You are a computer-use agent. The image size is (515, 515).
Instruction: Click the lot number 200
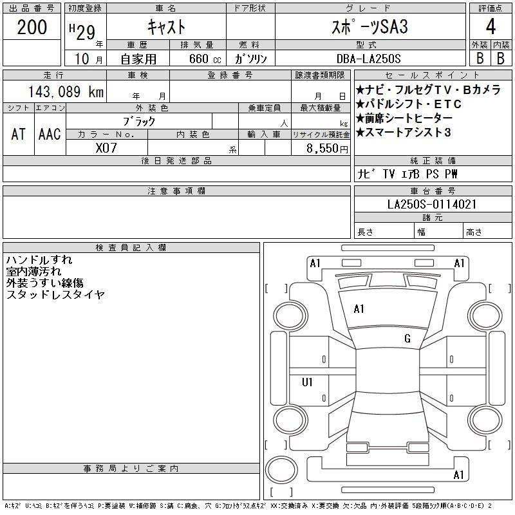click(32, 27)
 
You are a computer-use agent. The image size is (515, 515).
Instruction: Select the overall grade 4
click(491, 26)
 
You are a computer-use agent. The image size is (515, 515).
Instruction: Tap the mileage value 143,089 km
click(66, 91)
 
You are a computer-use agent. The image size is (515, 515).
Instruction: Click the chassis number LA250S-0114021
click(432, 204)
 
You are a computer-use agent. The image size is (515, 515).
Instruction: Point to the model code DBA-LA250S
click(368, 59)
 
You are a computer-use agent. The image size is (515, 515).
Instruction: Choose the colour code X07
click(106, 148)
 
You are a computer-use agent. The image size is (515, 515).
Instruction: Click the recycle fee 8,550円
click(327, 149)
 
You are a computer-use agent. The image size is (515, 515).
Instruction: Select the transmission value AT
click(19, 134)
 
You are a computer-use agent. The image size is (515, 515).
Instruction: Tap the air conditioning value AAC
click(50, 134)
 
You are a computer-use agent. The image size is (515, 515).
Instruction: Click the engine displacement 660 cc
click(205, 59)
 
